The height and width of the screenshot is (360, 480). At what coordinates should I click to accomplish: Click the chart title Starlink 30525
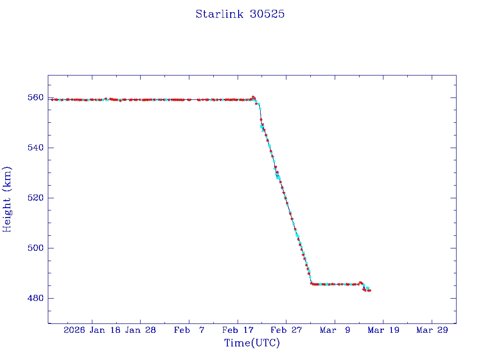pyautogui.click(x=240, y=15)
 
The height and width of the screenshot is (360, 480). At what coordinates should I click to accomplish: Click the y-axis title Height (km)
pyautogui.click(x=7, y=199)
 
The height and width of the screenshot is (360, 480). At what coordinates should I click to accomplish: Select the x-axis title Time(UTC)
pyautogui.click(x=252, y=343)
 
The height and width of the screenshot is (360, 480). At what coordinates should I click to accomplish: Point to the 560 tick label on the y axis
pyautogui.click(x=36, y=97)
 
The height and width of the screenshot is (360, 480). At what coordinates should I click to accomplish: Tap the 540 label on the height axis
pyautogui.click(x=36, y=148)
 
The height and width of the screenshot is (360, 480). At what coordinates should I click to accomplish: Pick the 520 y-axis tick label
pyautogui.click(x=36, y=198)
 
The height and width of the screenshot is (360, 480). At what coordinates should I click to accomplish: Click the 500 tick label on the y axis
pyautogui.click(x=36, y=248)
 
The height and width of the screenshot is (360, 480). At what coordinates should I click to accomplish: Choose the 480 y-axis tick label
pyautogui.click(x=36, y=298)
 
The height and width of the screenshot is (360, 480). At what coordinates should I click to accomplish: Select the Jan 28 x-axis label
pyautogui.click(x=140, y=330)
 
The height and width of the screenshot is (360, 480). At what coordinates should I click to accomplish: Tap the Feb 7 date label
pyautogui.click(x=189, y=330)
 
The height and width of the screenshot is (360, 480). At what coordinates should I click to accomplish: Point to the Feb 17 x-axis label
pyautogui.click(x=238, y=330)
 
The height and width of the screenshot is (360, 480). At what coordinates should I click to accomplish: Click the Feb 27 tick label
pyautogui.click(x=286, y=330)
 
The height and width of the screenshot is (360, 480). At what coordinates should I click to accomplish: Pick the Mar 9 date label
pyautogui.click(x=335, y=330)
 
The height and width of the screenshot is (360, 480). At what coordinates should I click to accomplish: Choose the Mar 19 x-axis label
pyautogui.click(x=383, y=330)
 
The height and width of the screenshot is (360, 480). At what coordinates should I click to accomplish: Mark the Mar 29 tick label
pyautogui.click(x=432, y=330)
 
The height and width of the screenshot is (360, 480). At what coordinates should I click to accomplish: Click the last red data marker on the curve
pyautogui.click(x=370, y=291)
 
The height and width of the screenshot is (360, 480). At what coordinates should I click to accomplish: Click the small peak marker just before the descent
pyautogui.click(x=253, y=97)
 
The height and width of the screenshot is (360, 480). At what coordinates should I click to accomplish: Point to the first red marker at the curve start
pyautogui.click(x=52, y=99)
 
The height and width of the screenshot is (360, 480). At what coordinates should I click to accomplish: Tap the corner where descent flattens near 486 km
pyautogui.click(x=311, y=284)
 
